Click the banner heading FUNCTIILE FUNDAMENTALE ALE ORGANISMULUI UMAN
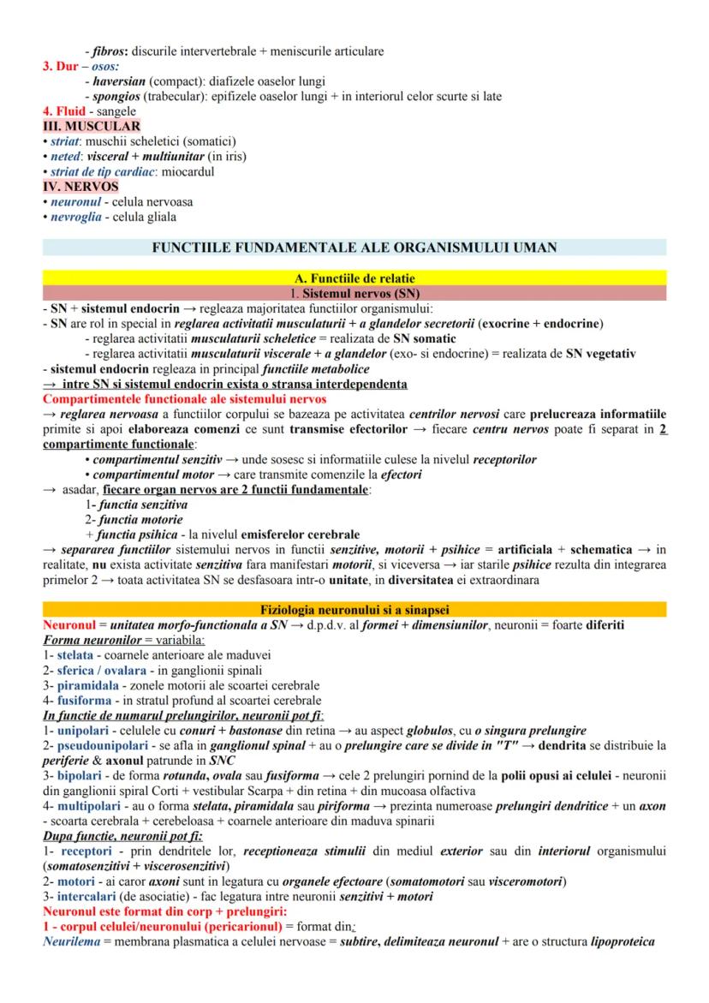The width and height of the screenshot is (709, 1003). pos(354,248)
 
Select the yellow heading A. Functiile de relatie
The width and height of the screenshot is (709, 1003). pos(354,277)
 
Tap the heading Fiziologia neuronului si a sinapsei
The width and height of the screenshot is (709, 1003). pos(354,609)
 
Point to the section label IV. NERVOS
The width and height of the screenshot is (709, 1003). pos(80,186)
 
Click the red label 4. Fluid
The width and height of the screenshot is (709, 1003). pos(63,111)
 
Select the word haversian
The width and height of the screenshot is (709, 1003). pos(120,81)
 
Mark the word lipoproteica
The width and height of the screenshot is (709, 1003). pos(622,942)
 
